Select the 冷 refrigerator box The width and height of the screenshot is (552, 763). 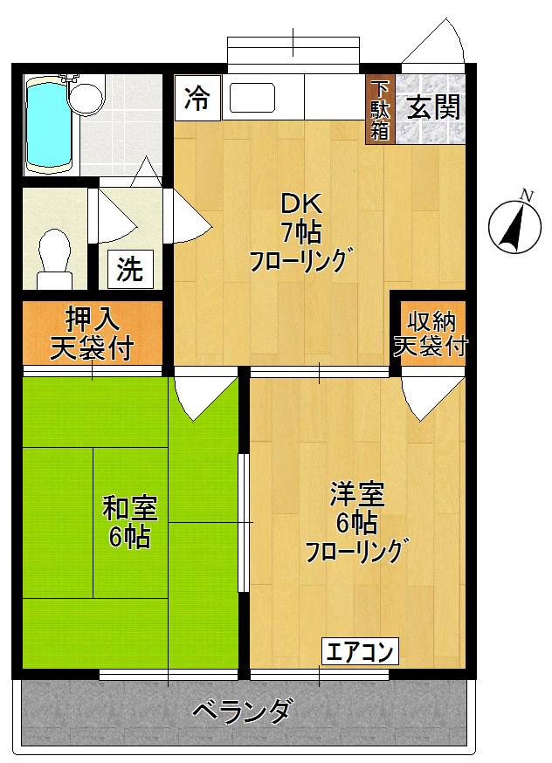coord(197,99)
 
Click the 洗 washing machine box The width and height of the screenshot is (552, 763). coord(129,269)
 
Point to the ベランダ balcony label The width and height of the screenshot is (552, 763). coord(242,712)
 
